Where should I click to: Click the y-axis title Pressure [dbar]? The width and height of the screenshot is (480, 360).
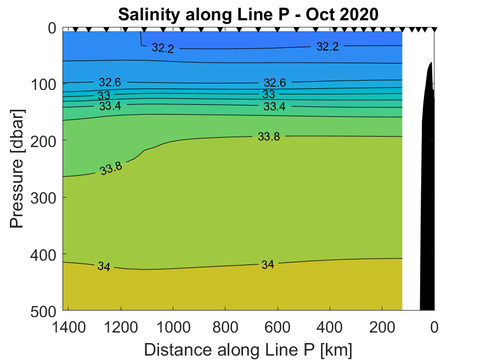[x=19, y=170]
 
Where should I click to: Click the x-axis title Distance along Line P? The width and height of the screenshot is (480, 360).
[x=248, y=350]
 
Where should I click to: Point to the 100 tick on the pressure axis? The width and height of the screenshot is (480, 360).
[x=45, y=84]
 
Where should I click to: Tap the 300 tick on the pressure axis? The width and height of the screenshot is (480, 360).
[x=45, y=198]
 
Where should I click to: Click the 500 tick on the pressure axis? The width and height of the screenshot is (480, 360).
[x=45, y=311]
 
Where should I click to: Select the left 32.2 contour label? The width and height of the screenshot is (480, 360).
[x=162, y=48]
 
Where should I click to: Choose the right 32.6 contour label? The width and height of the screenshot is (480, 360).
[x=275, y=83]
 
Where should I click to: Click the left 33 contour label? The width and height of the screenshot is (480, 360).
[x=104, y=95]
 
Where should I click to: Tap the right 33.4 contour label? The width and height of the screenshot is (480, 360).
[x=274, y=106]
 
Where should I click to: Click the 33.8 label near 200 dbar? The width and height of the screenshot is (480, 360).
[x=269, y=137]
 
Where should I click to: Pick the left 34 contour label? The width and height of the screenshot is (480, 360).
[x=104, y=267]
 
